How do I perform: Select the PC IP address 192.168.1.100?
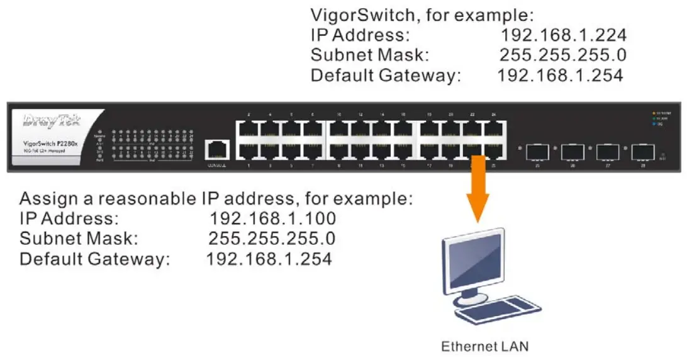click(272, 218)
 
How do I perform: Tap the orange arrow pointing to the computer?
click(478, 189)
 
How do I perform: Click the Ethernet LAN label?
click(484, 346)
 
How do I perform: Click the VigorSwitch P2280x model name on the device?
click(50, 144)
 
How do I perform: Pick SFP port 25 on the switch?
click(537, 152)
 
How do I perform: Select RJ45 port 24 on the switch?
click(494, 129)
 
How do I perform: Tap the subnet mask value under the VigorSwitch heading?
click(562, 55)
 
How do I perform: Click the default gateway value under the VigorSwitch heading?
click(560, 76)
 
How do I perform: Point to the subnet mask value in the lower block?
click(271, 239)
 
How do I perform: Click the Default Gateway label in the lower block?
click(94, 259)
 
